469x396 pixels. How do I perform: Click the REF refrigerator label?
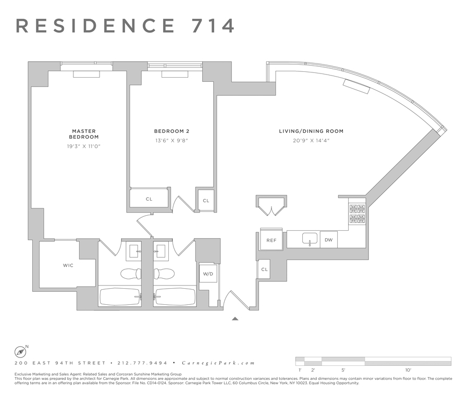(271, 240)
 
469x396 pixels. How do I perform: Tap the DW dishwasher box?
(328, 240)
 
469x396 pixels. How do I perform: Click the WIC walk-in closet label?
(68, 266)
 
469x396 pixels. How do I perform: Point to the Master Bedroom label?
(84, 134)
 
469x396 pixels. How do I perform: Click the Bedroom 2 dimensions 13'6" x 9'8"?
(171, 140)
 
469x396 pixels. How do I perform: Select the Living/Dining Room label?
(311, 131)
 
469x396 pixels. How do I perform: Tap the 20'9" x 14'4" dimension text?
(311, 141)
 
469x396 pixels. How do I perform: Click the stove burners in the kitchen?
(357, 213)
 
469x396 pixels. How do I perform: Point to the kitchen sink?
(310, 240)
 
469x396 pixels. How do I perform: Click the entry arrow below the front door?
(235, 318)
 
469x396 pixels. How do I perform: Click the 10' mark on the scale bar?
(408, 369)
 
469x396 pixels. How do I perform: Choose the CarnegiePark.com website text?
(218, 363)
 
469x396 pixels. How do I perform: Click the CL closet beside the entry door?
(265, 269)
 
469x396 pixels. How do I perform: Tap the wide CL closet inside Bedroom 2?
(149, 199)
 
